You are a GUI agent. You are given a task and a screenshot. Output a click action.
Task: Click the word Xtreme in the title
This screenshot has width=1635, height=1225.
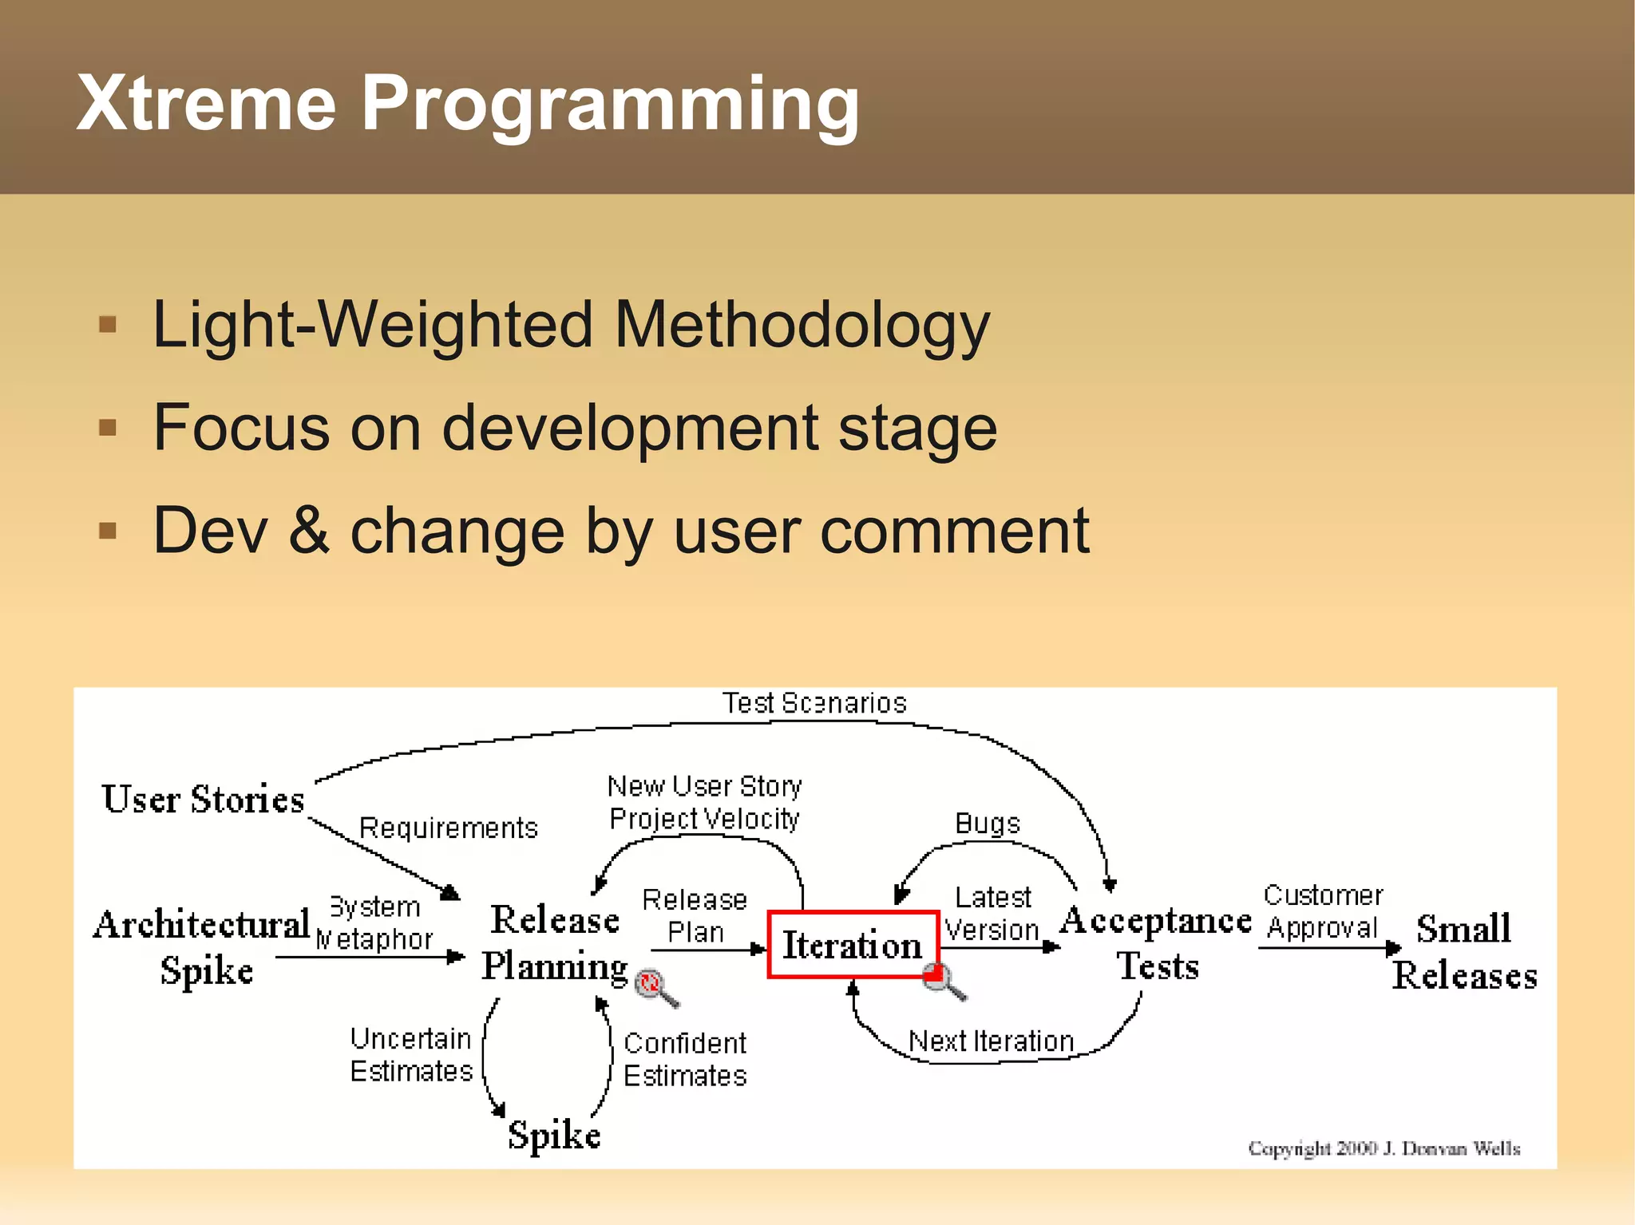click(206, 104)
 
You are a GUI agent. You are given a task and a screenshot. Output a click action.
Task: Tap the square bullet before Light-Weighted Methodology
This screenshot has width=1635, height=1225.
click(108, 325)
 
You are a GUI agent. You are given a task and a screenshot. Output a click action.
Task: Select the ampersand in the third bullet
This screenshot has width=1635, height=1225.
click(308, 530)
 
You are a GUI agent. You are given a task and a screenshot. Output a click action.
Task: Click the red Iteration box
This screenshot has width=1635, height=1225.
click(852, 945)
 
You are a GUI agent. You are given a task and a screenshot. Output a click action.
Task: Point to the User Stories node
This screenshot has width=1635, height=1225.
click(203, 800)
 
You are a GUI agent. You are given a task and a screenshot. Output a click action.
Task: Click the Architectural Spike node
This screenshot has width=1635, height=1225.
click(203, 946)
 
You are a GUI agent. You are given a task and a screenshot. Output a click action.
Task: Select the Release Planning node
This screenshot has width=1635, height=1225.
click(555, 943)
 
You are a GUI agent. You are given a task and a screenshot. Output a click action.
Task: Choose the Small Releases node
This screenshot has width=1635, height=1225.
click(1464, 951)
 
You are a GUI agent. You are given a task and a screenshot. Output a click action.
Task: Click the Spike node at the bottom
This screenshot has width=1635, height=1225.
click(554, 1134)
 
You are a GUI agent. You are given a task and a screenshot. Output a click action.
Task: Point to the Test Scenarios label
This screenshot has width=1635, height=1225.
click(814, 703)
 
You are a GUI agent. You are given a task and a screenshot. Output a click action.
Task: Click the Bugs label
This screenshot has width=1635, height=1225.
click(988, 824)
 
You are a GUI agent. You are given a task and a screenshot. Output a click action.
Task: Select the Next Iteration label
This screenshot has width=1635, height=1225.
click(991, 1041)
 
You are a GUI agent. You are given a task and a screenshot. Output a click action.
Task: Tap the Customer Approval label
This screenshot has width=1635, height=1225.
click(1323, 911)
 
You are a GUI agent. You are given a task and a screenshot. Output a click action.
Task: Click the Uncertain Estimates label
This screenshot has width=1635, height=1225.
click(411, 1055)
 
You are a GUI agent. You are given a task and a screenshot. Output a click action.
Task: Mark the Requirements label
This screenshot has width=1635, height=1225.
click(448, 828)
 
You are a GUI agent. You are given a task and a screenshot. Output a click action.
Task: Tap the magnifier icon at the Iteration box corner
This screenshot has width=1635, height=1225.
click(943, 980)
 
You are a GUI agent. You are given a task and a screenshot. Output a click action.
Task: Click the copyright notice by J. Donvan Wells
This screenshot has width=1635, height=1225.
click(1384, 1148)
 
